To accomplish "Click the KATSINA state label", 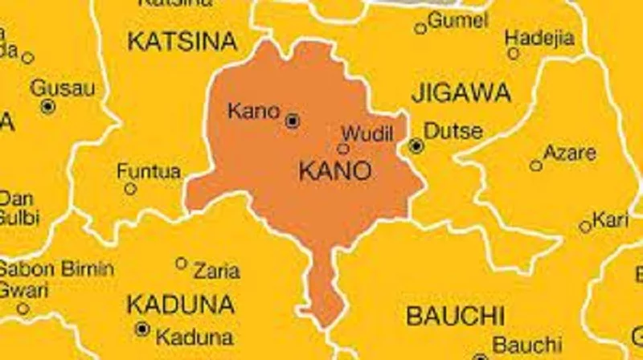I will (x=182, y=41).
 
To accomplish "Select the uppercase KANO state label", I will (x=335, y=170).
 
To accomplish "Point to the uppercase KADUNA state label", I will (x=181, y=305).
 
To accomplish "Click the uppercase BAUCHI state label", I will (x=455, y=314).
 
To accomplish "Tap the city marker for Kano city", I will (x=293, y=121).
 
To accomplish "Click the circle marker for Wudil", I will (x=343, y=149).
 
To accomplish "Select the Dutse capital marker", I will (x=416, y=146).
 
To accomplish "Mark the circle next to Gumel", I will (x=420, y=29).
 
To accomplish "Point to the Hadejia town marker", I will (x=513, y=54).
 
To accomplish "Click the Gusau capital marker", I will (x=48, y=106).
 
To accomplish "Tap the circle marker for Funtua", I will (x=130, y=189).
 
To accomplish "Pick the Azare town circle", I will (x=536, y=166).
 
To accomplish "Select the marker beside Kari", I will (x=585, y=227).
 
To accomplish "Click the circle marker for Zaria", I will (x=182, y=263).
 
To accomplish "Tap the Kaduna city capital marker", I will (x=143, y=328).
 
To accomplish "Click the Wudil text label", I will (x=367, y=134).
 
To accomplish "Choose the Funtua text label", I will (x=149, y=171).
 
